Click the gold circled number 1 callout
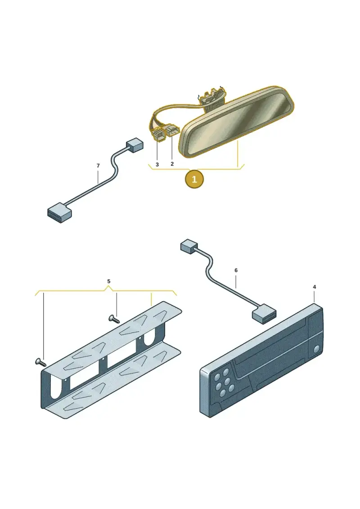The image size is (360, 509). tap(194, 179)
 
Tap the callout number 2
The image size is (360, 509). tap(172, 164)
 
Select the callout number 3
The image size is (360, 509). tap(157, 165)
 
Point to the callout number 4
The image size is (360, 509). tap(314, 287)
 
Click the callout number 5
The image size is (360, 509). tap(109, 281)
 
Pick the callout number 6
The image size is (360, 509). tap(236, 270)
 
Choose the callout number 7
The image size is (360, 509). tap(98, 166)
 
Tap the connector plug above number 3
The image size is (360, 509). tap(157, 134)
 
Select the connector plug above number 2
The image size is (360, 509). tap(172, 132)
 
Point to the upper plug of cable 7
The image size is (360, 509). tap(135, 144)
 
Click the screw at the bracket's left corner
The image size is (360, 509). tap(40, 362)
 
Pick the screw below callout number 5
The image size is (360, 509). tap(114, 319)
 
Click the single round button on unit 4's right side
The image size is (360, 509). tap(317, 349)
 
